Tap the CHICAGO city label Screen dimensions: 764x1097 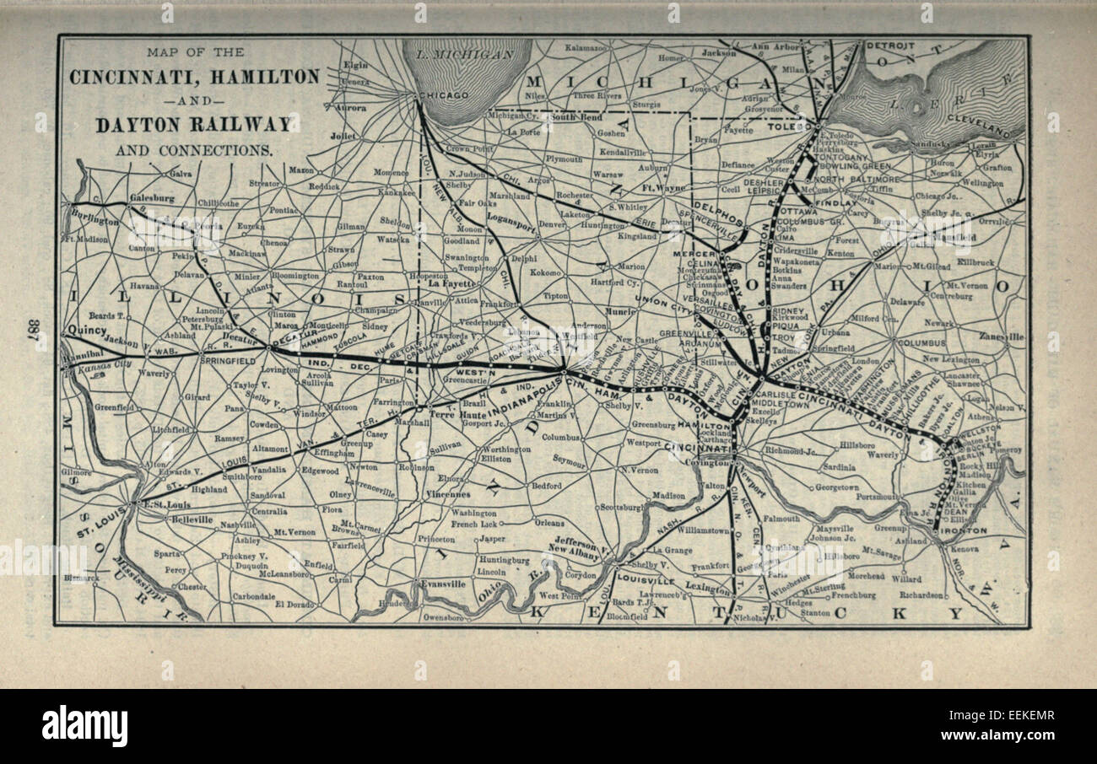tap(446, 96)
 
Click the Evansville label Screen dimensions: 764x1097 tap(445, 584)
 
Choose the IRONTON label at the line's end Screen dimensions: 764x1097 tap(964, 531)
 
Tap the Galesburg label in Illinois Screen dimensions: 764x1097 tap(151, 199)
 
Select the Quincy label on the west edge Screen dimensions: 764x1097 tap(86, 330)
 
